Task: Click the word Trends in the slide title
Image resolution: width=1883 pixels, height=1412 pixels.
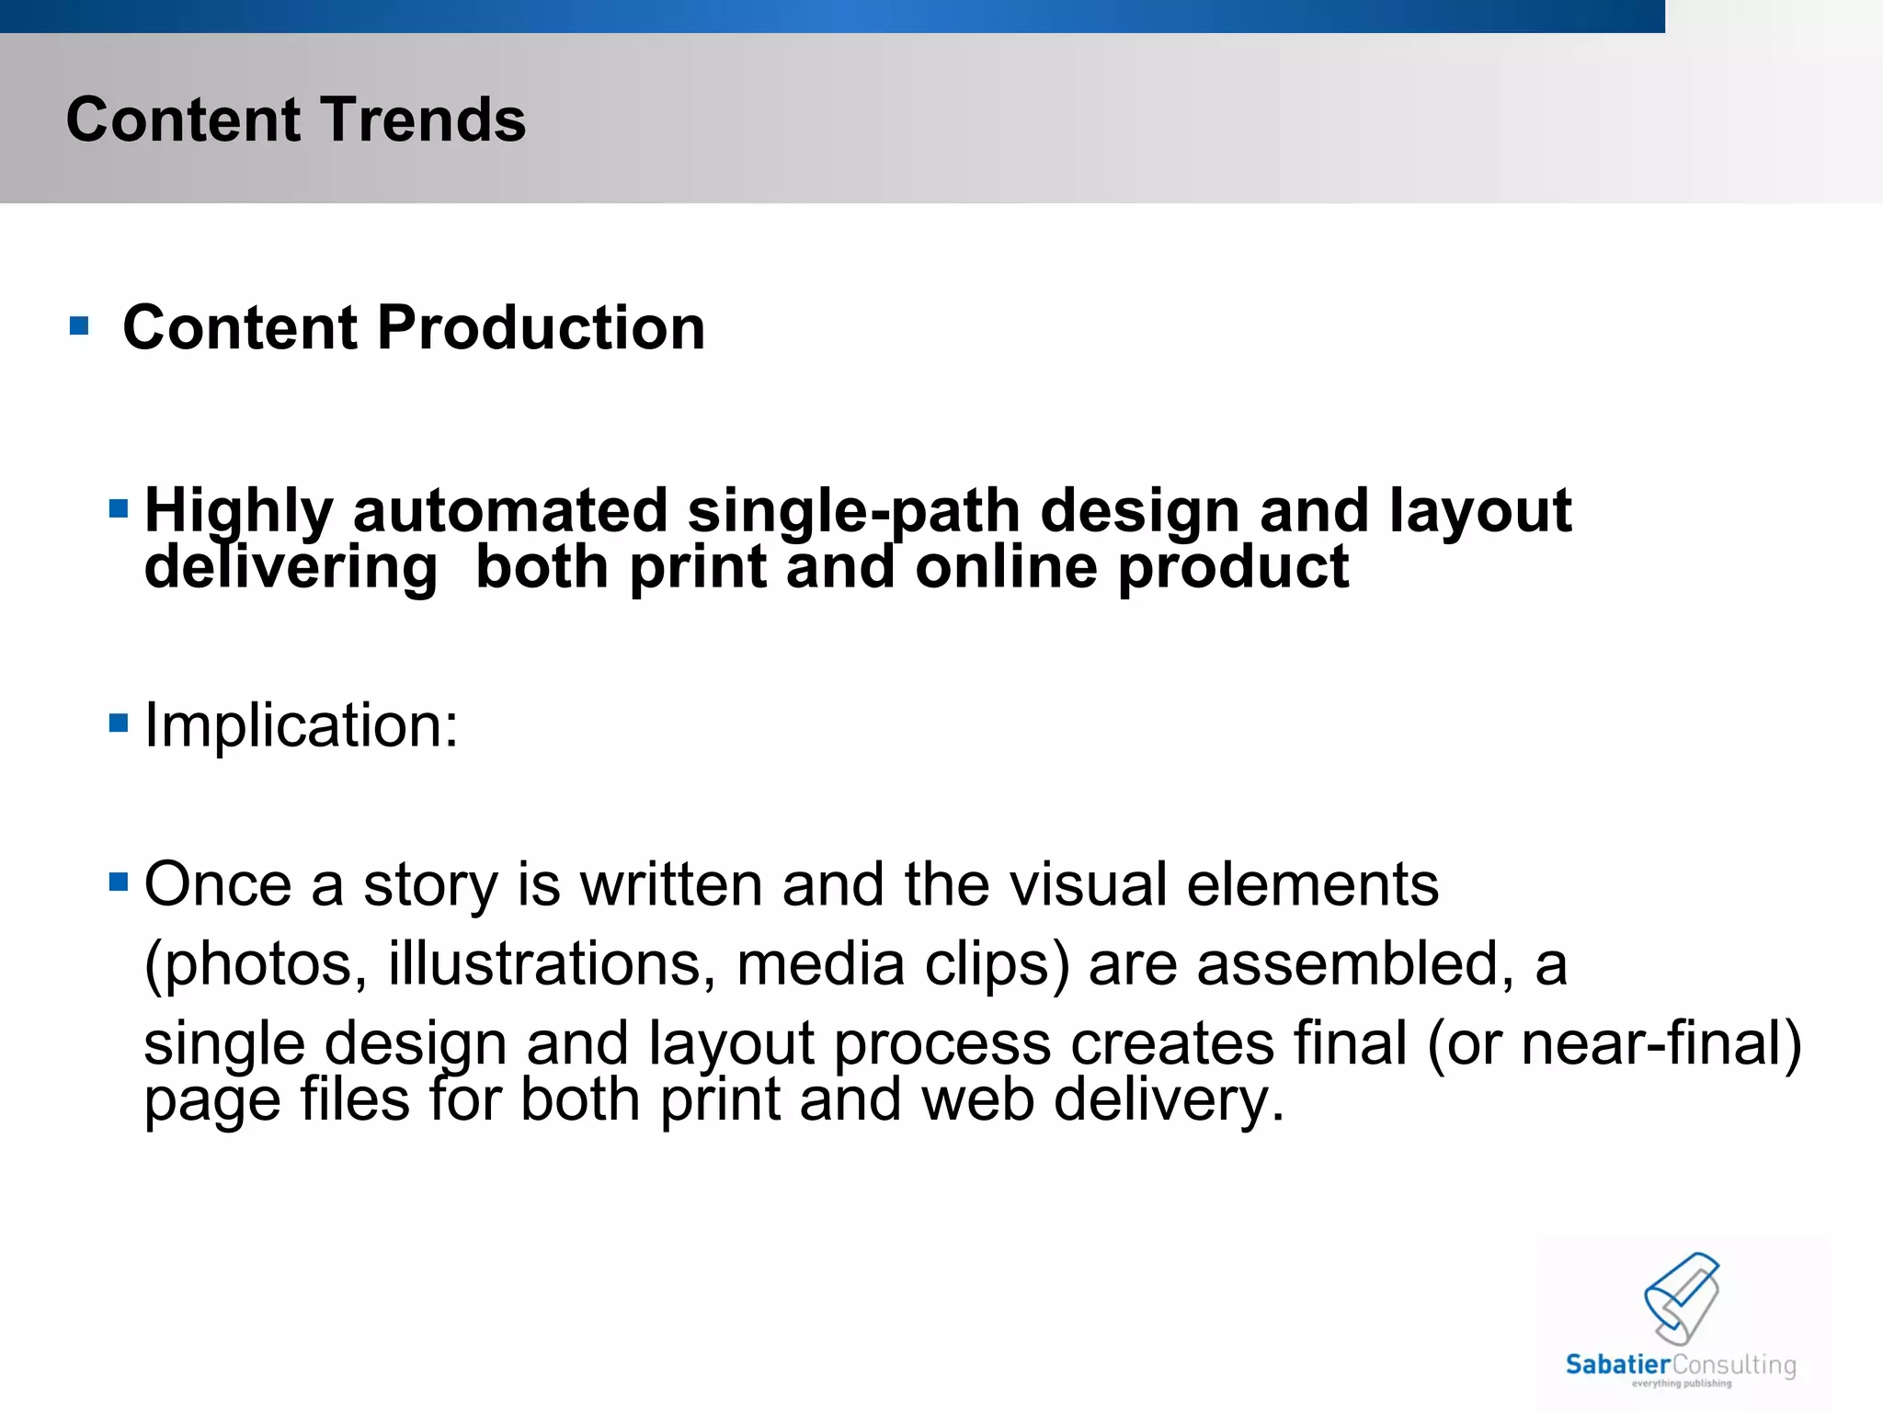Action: pyautogui.click(x=422, y=120)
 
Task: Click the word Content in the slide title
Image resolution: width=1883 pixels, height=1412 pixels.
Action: pyautogui.click(x=183, y=120)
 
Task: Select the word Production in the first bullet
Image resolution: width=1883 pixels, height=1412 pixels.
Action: pyautogui.click(x=541, y=328)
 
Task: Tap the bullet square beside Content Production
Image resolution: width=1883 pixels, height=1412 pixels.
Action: pyautogui.click(x=79, y=325)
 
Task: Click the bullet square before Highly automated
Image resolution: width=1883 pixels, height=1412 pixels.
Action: pyautogui.click(x=118, y=508)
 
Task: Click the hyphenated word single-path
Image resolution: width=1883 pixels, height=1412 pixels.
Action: pyautogui.click(x=853, y=511)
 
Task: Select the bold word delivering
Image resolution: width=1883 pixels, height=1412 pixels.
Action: pyautogui.click(x=291, y=567)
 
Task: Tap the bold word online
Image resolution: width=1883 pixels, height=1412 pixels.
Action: pyautogui.click(x=1006, y=567)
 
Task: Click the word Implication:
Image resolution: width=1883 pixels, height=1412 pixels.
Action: pyautogui.click(x=301, y=725)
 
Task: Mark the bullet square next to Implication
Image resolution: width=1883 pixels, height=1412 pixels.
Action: pyautogui.click(x=118, y=723)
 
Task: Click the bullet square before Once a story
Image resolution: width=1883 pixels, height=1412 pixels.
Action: pyautogui.click(x=118, y=882)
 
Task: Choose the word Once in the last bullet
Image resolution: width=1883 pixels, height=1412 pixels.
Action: pyautogui.click(x=218, y=884)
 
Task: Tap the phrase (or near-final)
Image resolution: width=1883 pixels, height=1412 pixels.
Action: pyautogui.click(x=1614, y=1043)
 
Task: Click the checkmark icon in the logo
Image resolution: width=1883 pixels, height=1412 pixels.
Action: pyautogui.click(x=1682, y=1298)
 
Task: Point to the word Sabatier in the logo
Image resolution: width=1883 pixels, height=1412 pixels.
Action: pyautogui.click(x=1617, y=1364)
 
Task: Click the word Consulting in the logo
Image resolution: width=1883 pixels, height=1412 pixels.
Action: pyautogui.click(x=1734, y=1364)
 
